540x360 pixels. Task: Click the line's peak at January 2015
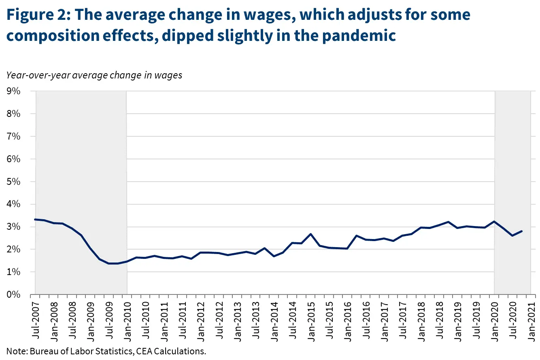(x=310, y=234)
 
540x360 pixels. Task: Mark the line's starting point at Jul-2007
(x=36, y=219)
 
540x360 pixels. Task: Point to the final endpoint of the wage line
(x=521, y=231)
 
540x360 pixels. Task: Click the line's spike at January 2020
(x=494, y=221)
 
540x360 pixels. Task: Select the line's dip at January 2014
(x=274, y=256)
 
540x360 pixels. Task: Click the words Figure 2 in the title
(x=36, y=15)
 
